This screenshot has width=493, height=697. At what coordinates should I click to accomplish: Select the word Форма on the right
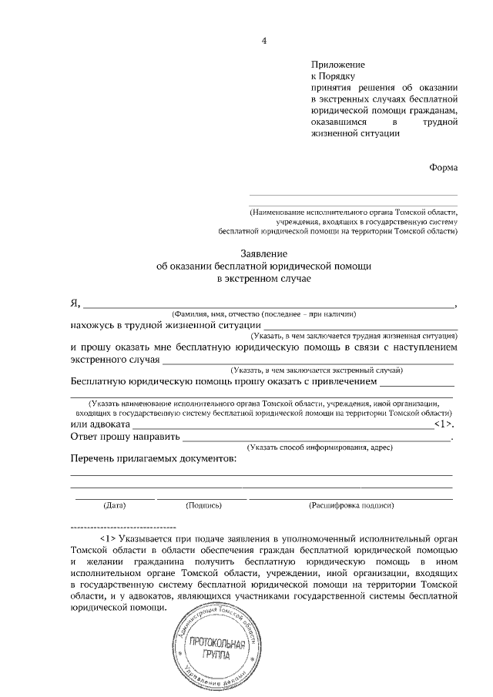pos(443,168)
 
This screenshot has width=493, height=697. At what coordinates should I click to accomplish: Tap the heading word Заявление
pos(263,253)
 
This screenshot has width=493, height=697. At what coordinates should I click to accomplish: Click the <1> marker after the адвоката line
pos(444,424)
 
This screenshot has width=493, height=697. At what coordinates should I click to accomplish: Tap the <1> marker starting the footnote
pos(108,537)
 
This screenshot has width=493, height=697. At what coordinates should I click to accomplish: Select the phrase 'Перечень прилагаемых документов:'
pos(153,459)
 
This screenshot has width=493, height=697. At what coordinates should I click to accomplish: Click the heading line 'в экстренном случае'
pos(263,278)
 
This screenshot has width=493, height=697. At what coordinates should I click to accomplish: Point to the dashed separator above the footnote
pos(123,526)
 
